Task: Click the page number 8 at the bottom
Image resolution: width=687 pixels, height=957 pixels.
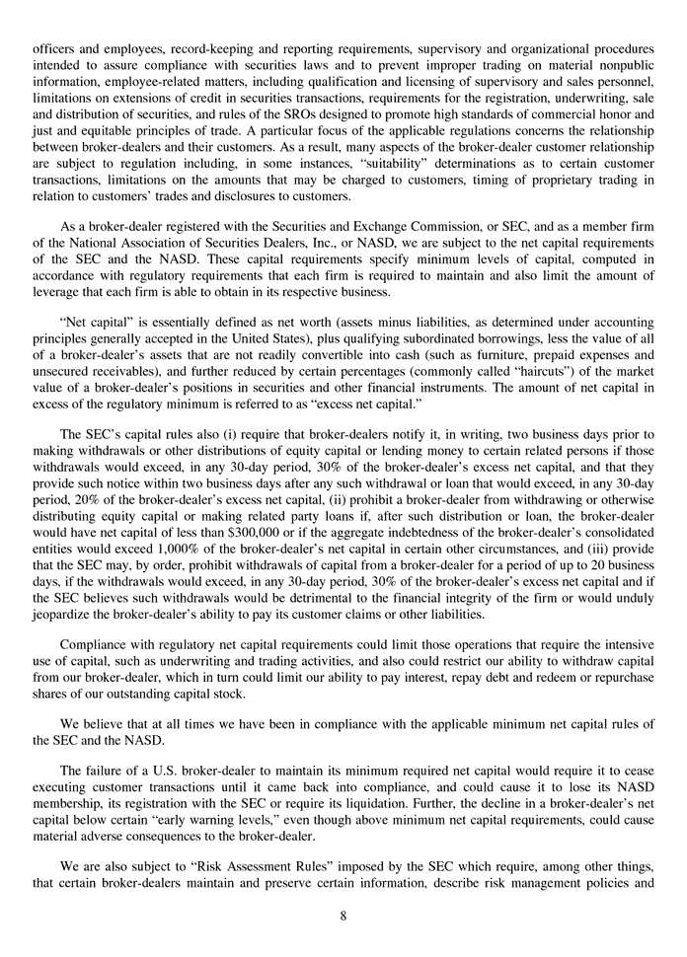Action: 343,916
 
